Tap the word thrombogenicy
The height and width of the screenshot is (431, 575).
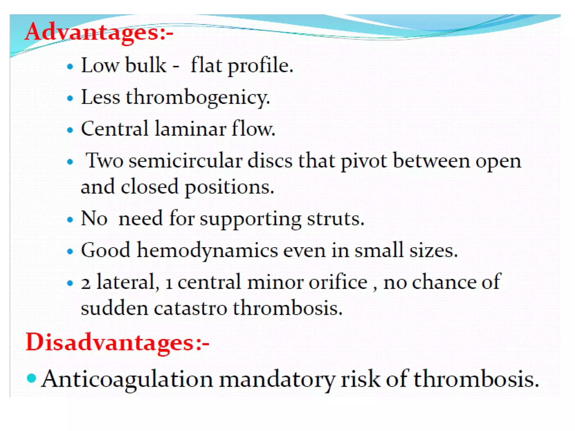(198, 98)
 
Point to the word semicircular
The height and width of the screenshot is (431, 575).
(185, 161)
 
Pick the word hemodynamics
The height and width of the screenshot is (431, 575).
(207, 250)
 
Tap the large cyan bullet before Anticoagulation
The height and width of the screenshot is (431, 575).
(31, 378)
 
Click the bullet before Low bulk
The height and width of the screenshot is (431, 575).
(70, 67)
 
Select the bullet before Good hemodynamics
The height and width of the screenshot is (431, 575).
(70, 251)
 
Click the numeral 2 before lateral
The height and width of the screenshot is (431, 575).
(86, 283)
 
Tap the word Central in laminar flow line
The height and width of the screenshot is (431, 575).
(115, 129)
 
